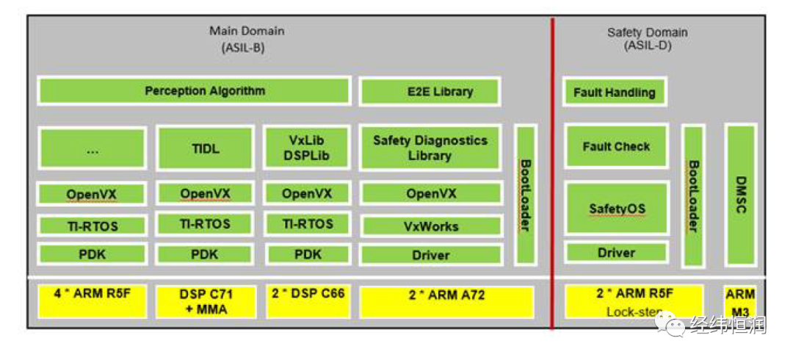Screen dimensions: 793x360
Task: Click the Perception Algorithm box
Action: point(194,91)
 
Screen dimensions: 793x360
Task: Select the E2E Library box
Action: point(430,92)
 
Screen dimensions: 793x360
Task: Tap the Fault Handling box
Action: point(615,92)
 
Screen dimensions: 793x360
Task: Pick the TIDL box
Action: point(205,148)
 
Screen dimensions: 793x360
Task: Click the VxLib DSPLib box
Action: point(307,148)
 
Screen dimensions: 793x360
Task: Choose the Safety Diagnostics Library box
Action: point(430,148)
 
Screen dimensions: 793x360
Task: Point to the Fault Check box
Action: point(616,146)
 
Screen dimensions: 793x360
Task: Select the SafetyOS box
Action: point(617,208)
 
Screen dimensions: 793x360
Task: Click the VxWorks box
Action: point(431,226)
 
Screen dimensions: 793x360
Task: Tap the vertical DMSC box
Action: point(741,195)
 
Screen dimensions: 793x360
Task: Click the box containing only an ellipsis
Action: point(92,149)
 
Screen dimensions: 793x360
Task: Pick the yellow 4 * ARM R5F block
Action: point(92,300)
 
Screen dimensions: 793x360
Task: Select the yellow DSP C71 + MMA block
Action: point(205,302)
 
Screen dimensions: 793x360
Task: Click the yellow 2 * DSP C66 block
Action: point(308,301)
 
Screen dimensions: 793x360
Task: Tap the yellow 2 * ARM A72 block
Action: point(446,302)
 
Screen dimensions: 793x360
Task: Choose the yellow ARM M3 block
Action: point(740,302)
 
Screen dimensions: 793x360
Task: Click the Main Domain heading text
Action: point(247,31)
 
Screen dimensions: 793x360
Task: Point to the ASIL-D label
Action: point(648,46)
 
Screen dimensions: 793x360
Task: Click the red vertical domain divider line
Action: point(552,173)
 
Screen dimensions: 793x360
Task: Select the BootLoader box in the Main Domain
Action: point(526,195)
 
